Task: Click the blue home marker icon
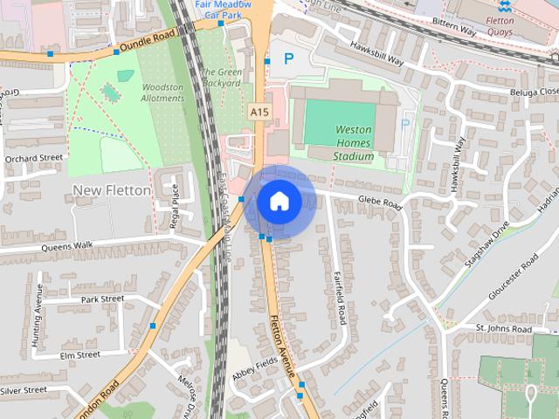pos(279,201)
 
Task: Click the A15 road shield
pos(258,112)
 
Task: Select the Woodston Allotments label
pos(163,93)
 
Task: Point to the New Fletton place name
pos(112,189)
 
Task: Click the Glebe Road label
pos(379,203)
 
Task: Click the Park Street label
pos(102,299)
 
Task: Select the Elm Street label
pos(80,355)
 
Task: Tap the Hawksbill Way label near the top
pos(376,54)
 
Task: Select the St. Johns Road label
pos(503,327)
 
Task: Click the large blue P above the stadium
pos(288,59)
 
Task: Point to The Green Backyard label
pos(221,78)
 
